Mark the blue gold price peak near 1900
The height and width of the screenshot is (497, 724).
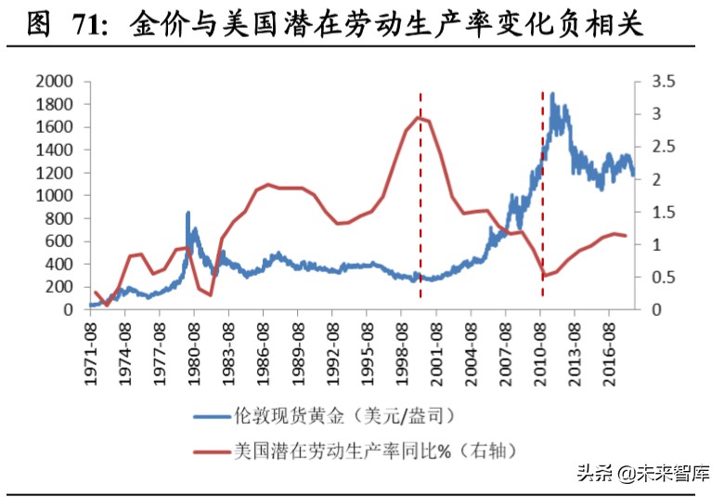552,94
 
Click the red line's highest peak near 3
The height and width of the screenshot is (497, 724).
420,116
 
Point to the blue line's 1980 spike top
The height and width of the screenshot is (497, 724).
188,213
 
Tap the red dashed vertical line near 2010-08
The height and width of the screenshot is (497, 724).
542,186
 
